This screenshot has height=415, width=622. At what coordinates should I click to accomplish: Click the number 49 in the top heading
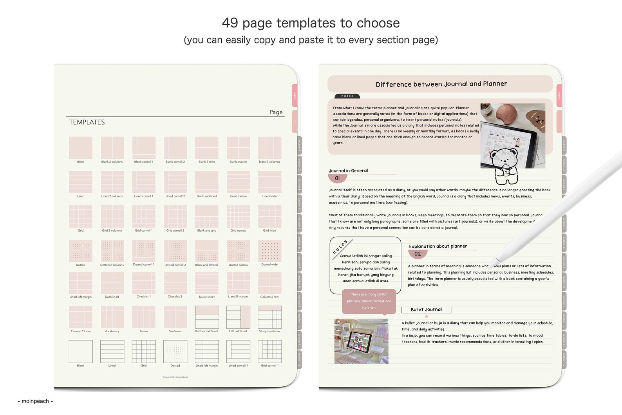coord(230,23)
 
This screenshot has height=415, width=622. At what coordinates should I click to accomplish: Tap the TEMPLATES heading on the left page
coord(87,122)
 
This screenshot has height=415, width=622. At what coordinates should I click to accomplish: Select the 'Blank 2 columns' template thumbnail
coord(112,147)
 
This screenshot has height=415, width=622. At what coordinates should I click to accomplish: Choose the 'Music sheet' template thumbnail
coord(207,283)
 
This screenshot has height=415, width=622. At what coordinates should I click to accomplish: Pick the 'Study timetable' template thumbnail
coord(269,317)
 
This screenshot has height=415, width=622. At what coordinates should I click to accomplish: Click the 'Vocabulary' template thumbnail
coord(112,317)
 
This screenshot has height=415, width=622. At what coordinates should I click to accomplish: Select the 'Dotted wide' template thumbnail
coord(269,251)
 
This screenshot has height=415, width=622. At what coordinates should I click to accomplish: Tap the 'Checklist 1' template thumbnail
coord(144,283)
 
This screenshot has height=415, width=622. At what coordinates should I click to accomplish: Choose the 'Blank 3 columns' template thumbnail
coord(269,147)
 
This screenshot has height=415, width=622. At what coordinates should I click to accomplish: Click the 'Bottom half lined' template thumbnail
coord(207,317)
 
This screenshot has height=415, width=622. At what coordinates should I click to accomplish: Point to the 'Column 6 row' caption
coord(269,297)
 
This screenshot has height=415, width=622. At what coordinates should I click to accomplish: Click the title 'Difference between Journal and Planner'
coord(441,84)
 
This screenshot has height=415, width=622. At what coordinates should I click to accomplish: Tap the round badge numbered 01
coord(337,178)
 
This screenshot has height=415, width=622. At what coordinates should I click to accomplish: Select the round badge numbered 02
coord(418,254)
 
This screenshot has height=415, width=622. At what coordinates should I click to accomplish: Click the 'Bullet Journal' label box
coord(426,310)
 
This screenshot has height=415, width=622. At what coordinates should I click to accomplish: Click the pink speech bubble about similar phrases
coord(369,301)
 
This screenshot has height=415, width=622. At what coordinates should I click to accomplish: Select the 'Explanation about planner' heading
coord(438,246)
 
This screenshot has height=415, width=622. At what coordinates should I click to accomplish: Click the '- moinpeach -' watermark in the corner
coord(35,401)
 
